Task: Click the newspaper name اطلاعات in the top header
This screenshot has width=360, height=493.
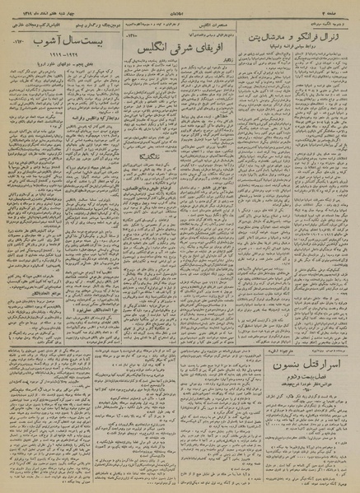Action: click(180, 7)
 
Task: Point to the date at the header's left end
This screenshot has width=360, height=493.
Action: click(33, 7)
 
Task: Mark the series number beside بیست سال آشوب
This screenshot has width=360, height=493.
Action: click(16, 41)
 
